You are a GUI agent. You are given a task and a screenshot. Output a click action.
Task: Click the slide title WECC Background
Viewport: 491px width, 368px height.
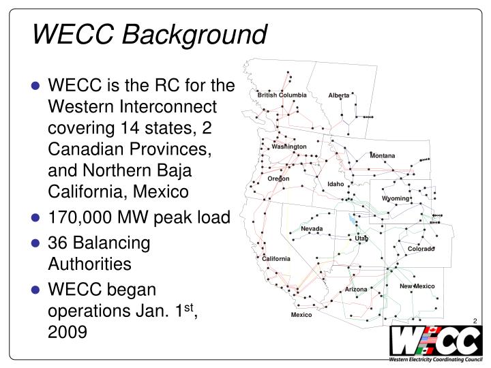tap(149, 33)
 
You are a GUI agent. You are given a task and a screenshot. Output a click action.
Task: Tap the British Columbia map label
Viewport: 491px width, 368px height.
tap(282, 95)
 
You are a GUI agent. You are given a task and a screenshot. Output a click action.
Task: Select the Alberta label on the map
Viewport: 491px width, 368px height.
tap(339, 95)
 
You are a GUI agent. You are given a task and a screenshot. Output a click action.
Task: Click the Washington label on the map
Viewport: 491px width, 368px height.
tap(289, 147)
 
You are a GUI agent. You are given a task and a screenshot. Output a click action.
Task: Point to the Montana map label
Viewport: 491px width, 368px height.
tap(383, 156)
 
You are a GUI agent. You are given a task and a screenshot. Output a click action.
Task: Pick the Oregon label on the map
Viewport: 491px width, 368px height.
tap(278, 179)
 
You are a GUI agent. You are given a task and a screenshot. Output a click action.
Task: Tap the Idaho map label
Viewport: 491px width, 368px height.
tap(336, 184)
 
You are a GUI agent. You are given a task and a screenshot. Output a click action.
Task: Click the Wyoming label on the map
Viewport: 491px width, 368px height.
tap(396, 198)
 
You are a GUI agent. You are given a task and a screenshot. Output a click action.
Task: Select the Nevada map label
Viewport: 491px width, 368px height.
tap(312, 228)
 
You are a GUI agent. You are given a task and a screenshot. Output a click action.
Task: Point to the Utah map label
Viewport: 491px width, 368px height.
tap(361, 238)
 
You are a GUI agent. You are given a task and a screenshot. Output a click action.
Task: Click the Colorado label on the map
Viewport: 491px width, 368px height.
tap(421, 249)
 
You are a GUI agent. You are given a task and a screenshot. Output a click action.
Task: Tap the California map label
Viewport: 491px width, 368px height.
tap(276, 259)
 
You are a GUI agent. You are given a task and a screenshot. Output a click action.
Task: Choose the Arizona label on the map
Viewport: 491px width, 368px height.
tap(356, 290)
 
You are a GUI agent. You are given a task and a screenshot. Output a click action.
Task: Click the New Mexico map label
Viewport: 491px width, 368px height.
tap(417, 286)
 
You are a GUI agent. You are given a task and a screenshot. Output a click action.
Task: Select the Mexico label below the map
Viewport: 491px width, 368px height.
tap(301, 315)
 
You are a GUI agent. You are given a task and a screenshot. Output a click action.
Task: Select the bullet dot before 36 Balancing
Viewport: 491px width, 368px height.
tap(39, 243)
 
